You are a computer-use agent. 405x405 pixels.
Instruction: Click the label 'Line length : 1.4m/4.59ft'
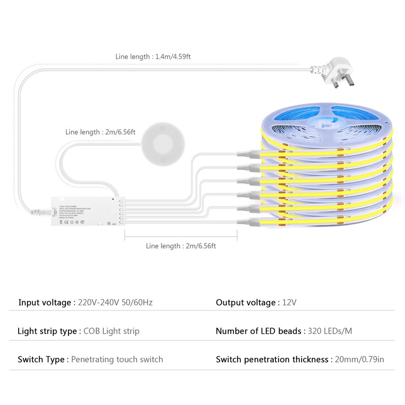152,57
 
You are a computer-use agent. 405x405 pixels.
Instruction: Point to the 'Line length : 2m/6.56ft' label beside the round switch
100,132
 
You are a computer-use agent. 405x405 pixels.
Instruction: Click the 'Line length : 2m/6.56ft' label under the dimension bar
181,246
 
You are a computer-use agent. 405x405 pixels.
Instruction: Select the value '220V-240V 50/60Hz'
115,303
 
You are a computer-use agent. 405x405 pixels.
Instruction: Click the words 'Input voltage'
45,303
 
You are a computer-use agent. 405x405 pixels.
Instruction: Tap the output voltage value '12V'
289,303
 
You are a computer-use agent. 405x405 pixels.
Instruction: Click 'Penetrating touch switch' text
117,359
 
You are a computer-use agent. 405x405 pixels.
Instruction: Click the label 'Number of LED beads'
259,331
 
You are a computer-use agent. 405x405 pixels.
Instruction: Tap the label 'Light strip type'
47,331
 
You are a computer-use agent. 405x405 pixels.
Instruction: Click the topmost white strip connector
249,153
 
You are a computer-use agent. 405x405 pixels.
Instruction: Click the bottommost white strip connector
249,221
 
